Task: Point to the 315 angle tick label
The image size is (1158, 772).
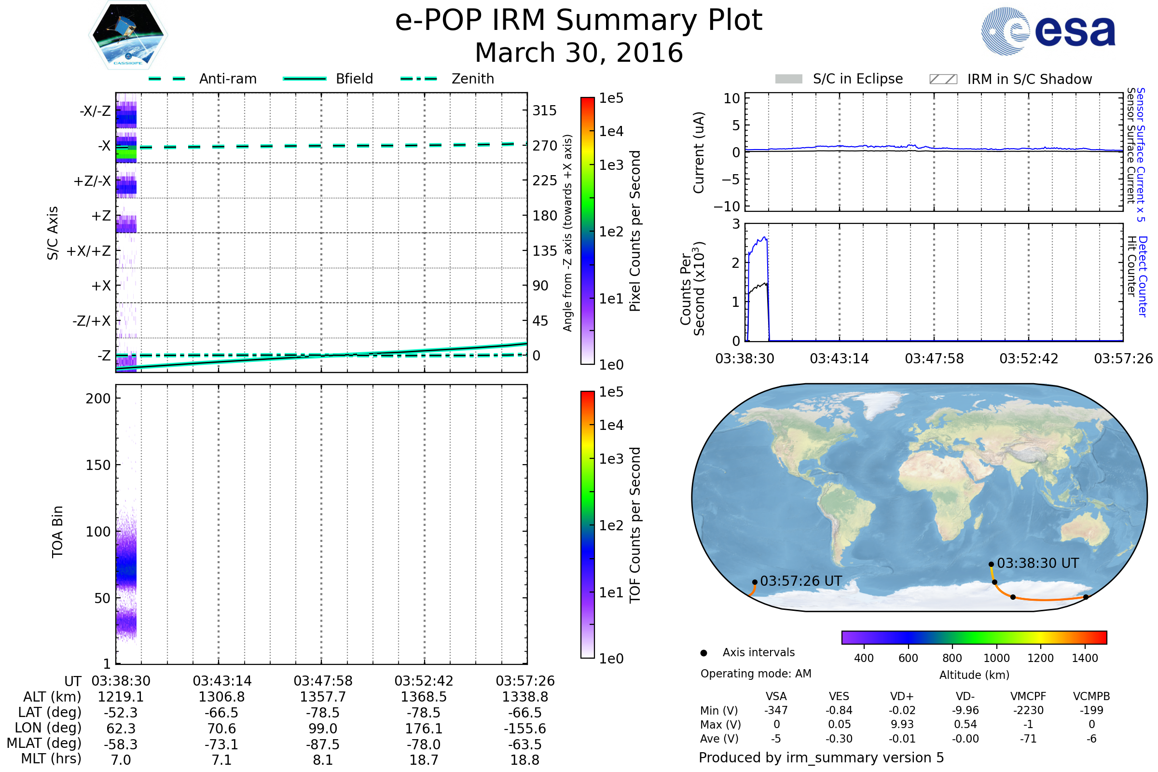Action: pos(544,110)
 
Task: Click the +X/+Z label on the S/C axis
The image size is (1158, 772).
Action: pos(89,251)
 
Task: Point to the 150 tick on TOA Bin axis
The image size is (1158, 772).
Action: pos(98,465)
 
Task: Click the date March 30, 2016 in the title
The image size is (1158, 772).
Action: pos(579,53)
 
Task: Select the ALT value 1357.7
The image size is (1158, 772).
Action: pos(322,697)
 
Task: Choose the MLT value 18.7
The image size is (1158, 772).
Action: pos(424,759)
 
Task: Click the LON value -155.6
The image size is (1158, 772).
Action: pos(524,728)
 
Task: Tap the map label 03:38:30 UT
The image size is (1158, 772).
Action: pos(1037,563)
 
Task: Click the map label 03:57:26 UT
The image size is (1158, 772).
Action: pos(800,581)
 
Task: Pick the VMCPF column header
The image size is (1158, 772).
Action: pos(1028,696)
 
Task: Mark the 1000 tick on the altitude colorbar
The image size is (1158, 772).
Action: pos(996,658)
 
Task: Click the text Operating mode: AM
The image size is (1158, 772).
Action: pos(755,674)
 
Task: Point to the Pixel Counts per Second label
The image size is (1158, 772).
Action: pos(635,231)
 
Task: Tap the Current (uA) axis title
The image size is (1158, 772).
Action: pos(699,152)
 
